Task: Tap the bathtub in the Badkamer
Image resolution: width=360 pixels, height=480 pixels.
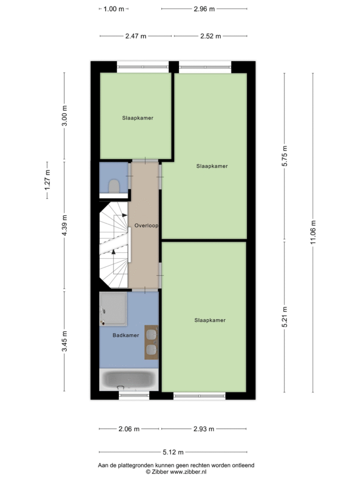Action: [129, 380]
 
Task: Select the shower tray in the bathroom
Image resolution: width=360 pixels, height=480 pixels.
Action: [113, 309]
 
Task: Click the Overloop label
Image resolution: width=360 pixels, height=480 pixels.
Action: [146, 225]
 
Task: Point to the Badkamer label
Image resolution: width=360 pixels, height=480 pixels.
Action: [126, 335]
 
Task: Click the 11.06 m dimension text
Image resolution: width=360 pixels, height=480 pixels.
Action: [313, 232]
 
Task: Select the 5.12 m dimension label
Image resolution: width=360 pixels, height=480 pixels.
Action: [173, 452]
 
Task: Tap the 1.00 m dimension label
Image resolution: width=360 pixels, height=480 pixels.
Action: [114, 9]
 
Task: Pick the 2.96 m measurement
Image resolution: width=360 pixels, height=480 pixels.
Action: [204, 9]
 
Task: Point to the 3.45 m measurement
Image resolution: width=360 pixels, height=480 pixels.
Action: [64, 341]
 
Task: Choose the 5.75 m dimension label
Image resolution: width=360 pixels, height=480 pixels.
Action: [285, 156]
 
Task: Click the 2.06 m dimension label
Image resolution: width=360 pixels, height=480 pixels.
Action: [129, 429]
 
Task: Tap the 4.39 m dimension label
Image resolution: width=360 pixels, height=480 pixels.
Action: [64, 225]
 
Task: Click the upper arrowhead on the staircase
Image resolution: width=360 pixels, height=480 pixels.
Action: [125, 215]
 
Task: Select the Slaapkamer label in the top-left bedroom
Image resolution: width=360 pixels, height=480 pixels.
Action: [138, 118]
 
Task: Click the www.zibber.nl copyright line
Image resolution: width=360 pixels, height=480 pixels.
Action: [176, 472]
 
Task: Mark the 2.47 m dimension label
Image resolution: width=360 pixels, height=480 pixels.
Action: [135, 36]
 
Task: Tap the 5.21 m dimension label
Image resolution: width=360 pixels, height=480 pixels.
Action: [285, 317]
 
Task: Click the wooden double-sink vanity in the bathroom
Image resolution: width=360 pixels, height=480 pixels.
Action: [151, 342]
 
